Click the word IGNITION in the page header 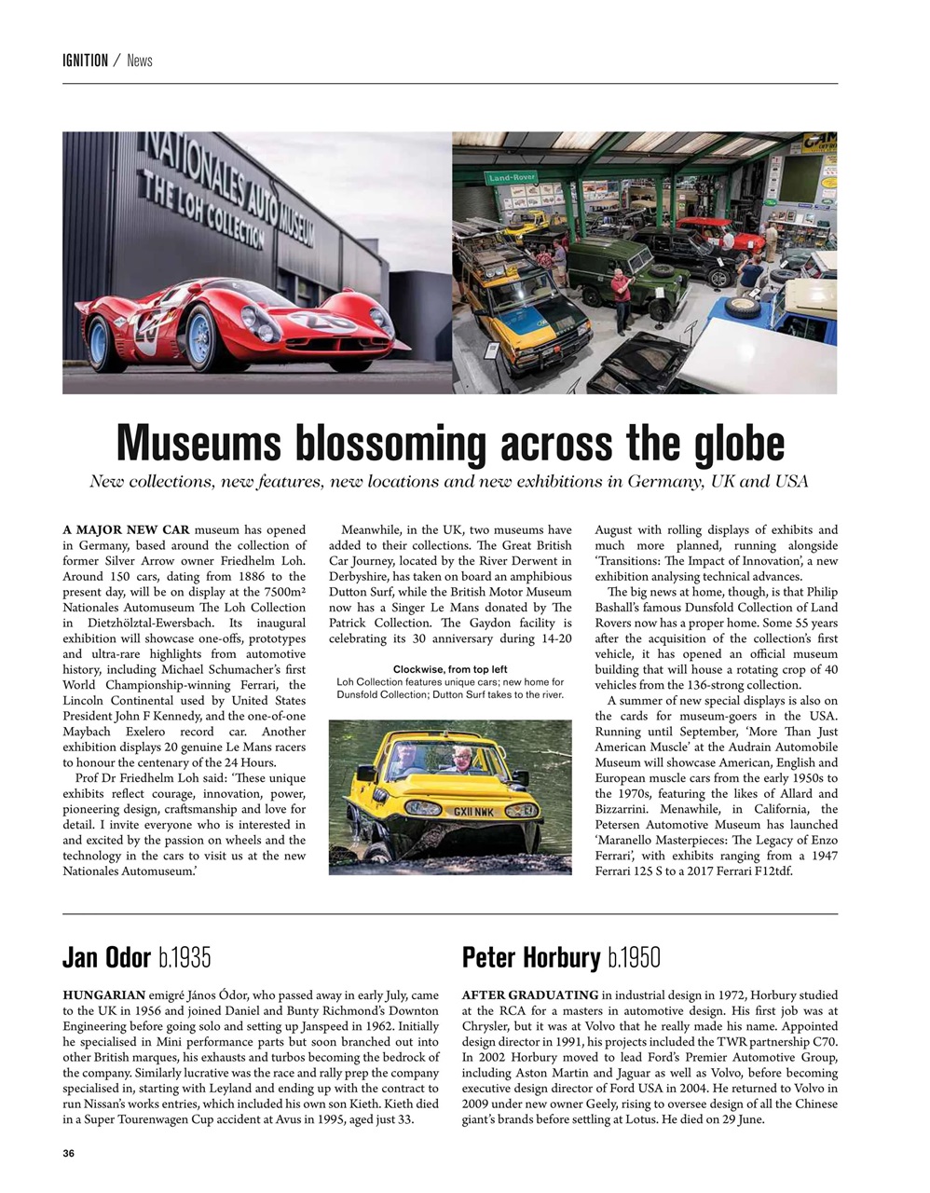click(85, 61)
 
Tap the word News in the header click(140, 61)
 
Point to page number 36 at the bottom click(68, 1154)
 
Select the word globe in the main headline click(740, 443)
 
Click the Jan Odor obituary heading click(106, 957)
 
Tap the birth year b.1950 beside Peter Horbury click(634, 957)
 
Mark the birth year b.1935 click(185, 957)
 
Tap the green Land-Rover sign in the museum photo click(510, 176)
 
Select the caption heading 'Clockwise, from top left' click(450, 669)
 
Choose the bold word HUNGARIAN click(104, 995)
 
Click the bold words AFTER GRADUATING click(530, 995)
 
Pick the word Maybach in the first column click(90, 732)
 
